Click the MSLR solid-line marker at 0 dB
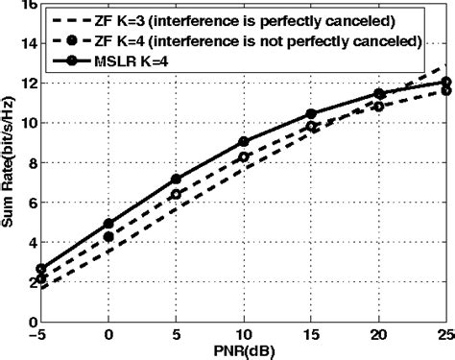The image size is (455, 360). tap(108, 224)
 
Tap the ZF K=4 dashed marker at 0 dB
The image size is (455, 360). tap(108, 236)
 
